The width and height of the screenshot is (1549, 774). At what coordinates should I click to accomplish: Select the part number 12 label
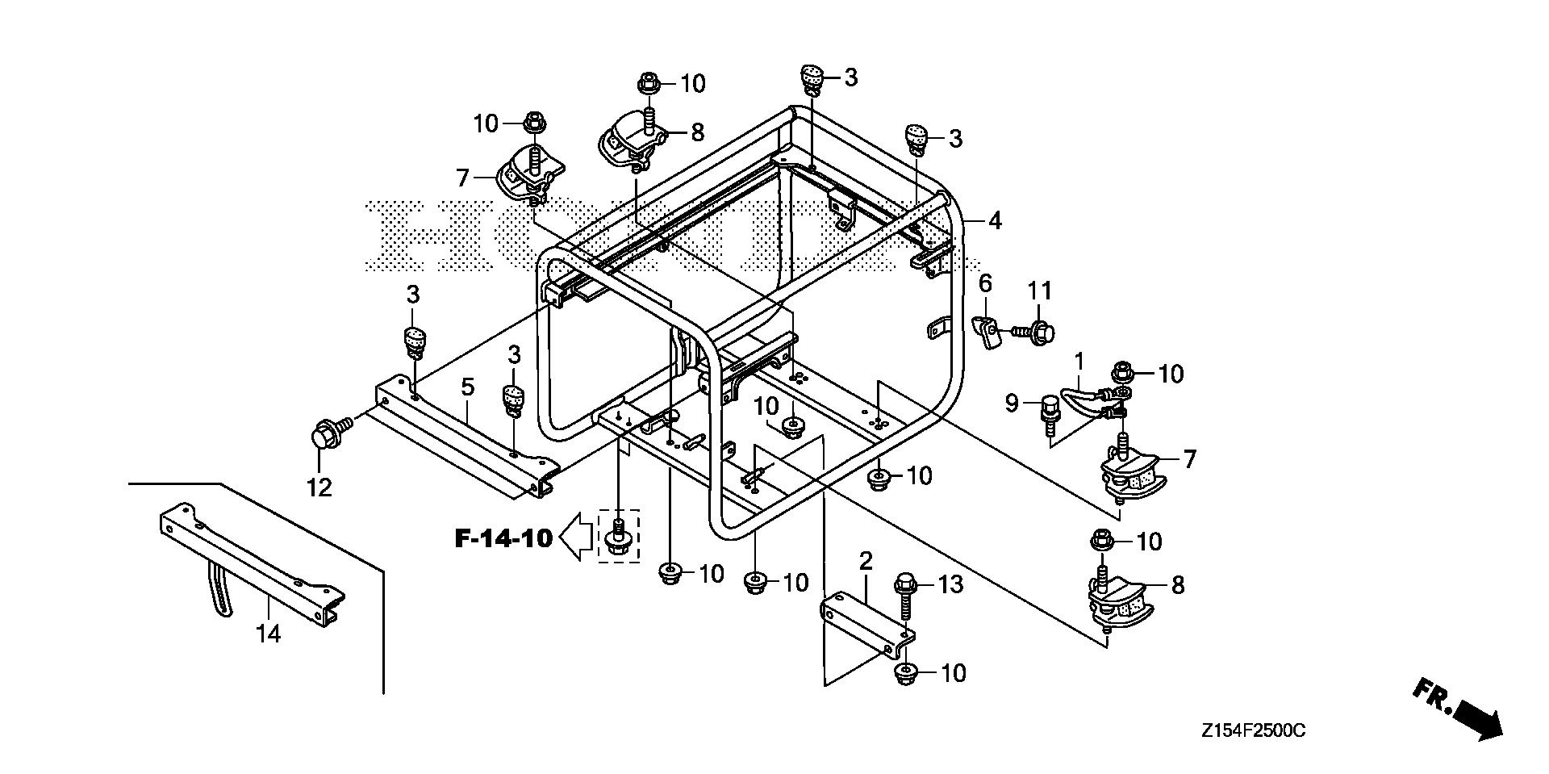319,487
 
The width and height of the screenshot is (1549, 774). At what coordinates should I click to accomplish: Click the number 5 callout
467,387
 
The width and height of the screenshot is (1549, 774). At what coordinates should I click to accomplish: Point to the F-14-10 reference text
503,538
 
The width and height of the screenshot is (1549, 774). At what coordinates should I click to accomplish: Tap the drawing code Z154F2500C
1252,731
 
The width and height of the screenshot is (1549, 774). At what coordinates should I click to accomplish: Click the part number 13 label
951,584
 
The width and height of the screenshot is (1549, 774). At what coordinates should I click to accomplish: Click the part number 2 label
866,561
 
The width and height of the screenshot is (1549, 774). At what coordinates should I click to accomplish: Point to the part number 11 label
1040,291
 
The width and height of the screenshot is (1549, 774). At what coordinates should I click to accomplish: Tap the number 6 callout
985,284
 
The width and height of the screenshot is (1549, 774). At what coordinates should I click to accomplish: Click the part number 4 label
995,220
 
